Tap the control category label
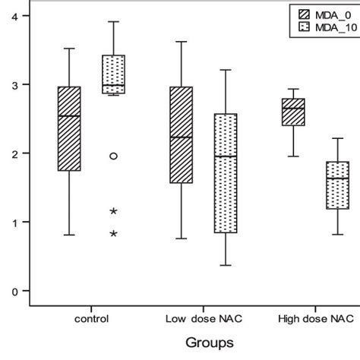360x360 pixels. coord(91,318)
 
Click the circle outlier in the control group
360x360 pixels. coord(113,156)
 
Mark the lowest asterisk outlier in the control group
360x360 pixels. coord(113,234)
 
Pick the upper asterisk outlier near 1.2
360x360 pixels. coord(113,211)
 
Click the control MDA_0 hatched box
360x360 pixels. coord(69,128)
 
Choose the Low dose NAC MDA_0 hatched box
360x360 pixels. coord(181,135)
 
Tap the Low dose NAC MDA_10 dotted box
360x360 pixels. coord(224,173)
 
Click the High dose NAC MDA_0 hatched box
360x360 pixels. coord(292,112)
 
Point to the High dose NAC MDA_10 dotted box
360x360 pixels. coord(336,185)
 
